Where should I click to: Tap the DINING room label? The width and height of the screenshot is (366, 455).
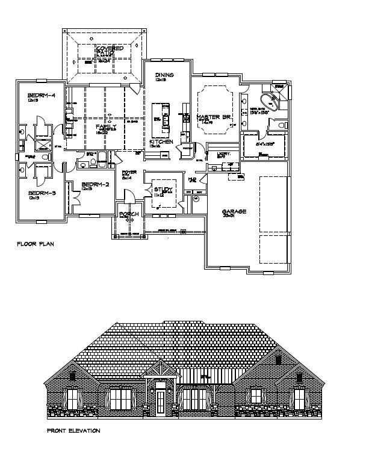(164, 75)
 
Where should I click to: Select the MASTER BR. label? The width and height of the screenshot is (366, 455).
(216, 116)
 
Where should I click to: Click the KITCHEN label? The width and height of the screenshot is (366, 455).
(161, 142)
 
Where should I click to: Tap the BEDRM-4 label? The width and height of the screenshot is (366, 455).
(42, 96)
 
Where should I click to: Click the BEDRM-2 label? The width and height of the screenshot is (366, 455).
(95, 184)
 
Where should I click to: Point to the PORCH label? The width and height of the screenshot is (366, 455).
(129, 214)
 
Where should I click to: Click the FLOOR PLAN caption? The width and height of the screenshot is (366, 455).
(37, 245)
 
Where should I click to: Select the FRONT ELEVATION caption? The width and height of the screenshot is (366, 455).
(73, 431)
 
